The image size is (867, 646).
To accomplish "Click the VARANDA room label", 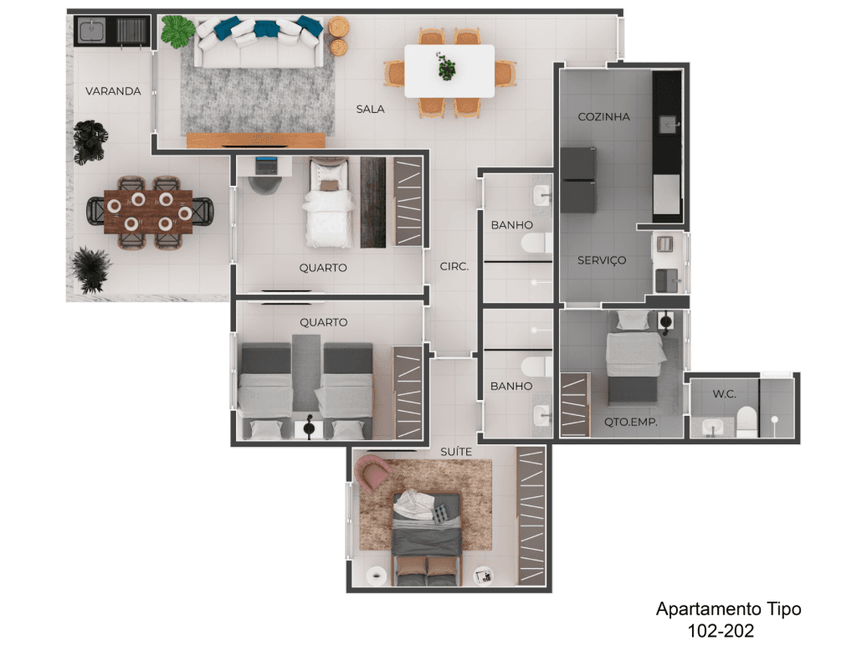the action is tap(113, 91).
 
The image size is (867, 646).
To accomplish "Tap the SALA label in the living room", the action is tap(370, 109).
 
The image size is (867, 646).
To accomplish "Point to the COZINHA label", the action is tap(604, 116).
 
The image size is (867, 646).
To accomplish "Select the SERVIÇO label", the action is tap(602, 260).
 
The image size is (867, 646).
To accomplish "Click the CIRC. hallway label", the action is tap(454, 267).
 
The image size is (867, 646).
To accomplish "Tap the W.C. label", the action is tap(725, 394).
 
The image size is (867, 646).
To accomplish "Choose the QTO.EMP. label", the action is tap(630, 422).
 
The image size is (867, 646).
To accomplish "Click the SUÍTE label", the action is tap(456, 452).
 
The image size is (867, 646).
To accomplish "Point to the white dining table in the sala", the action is tap(449, 71).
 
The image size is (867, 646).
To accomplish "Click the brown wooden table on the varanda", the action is tap(148, 212).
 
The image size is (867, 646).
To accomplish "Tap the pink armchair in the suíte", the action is tap(372, 471).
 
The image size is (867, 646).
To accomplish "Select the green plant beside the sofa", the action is tap(177, 31).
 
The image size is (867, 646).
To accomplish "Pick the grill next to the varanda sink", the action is tap(131, 31).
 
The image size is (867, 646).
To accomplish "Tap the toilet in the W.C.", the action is tap(747, 422).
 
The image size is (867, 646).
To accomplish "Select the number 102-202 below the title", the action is tap(721, 630).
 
